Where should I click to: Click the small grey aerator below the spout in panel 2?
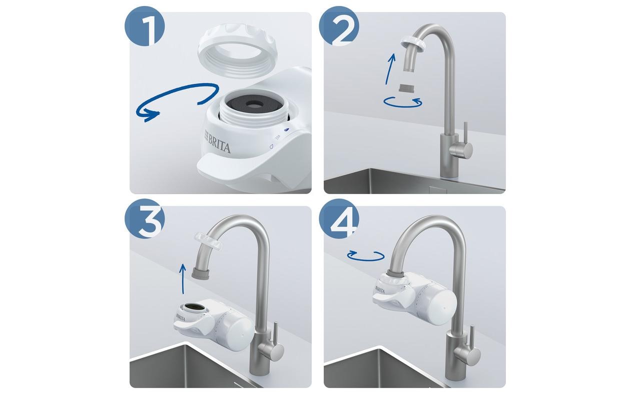point(405,89)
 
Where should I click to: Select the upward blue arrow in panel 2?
point(390,69)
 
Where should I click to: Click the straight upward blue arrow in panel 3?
point(183,279)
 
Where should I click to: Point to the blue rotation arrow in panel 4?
point(366,256)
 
